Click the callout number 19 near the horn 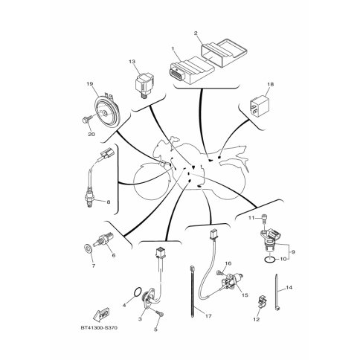pyautogui.click(x=89, y=84)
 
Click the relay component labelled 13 pyautogui.click(x=144, y=84)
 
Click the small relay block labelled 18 pyautogui.click(x=259, y=106)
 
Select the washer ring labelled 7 pyautogui.click(x=88, y=248)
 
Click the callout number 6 pyautogui.click(x=114, y=255)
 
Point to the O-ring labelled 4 pyautogui.click(x=138, y=292)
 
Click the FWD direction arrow pyautogui.click(x=101, y=315)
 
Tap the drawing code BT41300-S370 pyautogui.click(x=99, y=328)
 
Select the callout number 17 pyautogui.click(x=208, y=316)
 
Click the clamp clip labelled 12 pyautogui.click(x=261, y=303)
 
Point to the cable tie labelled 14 pyautogui.click(x=277, y=292)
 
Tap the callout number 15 pyautogui.click(x=245, y=295)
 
